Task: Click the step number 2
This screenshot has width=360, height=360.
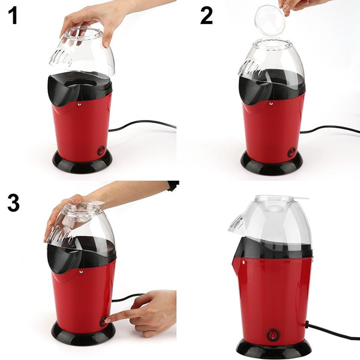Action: [x=206, y=16]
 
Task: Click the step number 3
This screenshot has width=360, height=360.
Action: [x=14, y=203]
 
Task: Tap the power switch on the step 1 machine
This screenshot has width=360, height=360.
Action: [x=101, y=151]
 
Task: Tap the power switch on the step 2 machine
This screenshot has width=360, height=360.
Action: [x=292, y=152]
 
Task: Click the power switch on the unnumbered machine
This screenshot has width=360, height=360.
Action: [x=272, y=335]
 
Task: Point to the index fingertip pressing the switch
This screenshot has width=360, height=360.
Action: [x=107, y=321]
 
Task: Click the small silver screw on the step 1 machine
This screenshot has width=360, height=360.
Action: [x=79, y=104]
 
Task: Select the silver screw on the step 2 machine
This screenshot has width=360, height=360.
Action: [x=271, y=104]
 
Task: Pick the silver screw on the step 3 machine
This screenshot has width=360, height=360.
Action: [x=80, y=272]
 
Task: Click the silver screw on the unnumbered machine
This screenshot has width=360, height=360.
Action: [x=243, y=262]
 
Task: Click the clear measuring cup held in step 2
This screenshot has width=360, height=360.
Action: [x=270, y=20]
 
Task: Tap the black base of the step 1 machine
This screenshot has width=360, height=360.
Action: [x=82, y=163]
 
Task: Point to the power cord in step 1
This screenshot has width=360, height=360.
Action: [x=142, y=125]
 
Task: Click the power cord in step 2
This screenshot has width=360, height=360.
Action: [x=331, y=128]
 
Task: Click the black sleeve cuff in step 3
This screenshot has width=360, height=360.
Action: [x=173, y=185]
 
